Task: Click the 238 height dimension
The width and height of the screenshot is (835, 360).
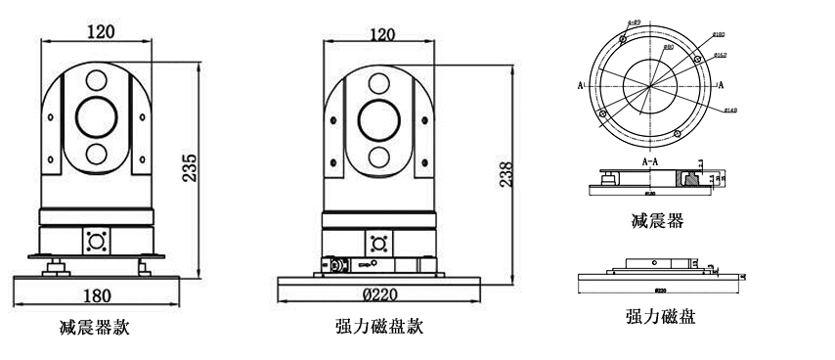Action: point(504,173)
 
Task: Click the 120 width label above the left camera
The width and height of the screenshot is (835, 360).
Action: point(100,31)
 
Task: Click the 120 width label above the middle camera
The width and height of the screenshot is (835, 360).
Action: point(382,34)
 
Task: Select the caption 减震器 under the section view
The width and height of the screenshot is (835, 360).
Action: point(657,222)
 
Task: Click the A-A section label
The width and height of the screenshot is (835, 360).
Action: point(649,159)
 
